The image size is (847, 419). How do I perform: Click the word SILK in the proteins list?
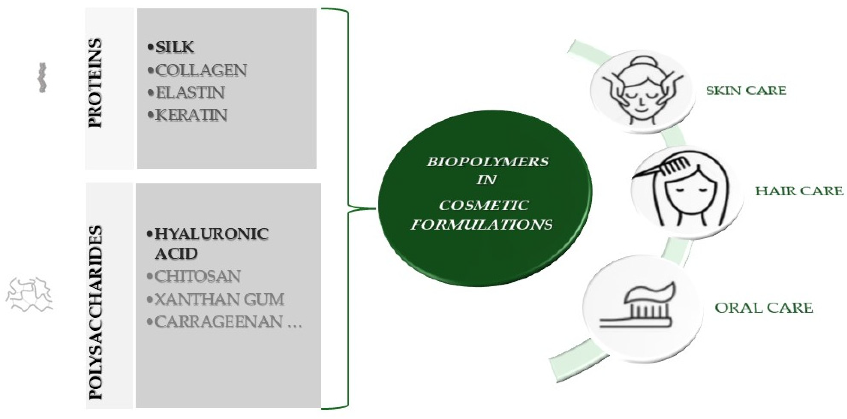(x=175, y=48)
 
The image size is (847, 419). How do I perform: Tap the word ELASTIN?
(x=190, y=93)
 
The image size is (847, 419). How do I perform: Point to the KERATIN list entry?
(x=191, y=115)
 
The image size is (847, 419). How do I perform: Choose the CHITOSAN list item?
(x=198, y=277)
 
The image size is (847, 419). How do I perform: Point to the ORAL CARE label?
(x=764, y=308)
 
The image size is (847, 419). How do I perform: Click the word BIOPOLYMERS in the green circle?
(x=488, y=162)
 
